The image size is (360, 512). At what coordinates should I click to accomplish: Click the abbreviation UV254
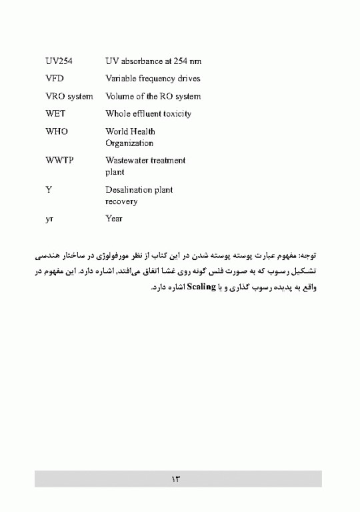click(x=59, y=61)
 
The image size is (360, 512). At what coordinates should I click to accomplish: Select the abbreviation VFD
click(x=55, y=79)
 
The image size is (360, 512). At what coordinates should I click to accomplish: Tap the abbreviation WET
click(x=55, y=114)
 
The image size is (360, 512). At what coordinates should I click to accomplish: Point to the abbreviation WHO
click(x=57, y=132)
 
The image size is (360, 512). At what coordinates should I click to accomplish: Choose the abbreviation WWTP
click(x=59, y=161)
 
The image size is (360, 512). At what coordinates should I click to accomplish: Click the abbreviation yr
click(x=49, y=219)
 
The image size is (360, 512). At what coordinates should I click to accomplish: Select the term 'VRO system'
click(x=69, y=97)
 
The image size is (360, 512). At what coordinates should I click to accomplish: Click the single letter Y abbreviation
click(x=49, y=190)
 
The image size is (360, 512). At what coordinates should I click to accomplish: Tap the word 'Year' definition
click(x=114, y=219)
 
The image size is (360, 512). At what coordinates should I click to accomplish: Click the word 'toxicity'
click(x=176, y=114)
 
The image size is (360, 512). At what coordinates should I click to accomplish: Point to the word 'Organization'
click(x=129, y=143)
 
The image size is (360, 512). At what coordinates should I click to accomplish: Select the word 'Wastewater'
click(x=127, y=161)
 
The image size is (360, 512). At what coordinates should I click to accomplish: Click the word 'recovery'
click(x=121, y=201)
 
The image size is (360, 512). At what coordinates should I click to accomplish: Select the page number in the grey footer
click(x=177, y=479)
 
